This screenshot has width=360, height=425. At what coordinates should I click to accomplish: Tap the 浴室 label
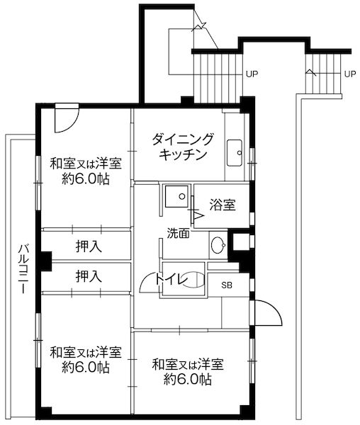click(x=223, y=205)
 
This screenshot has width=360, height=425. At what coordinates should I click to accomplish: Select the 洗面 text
click(x=178, y=232)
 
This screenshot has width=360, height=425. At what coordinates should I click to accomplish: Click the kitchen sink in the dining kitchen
click(x=235, y=151)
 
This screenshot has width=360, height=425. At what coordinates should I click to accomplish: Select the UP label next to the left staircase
click(x=252, y=73)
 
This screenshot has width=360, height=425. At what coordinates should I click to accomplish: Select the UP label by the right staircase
click(x=349, y=73)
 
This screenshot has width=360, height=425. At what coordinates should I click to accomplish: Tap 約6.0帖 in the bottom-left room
click(x=85, y=368)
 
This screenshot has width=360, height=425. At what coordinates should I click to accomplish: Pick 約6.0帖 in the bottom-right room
click(x=188, y=380)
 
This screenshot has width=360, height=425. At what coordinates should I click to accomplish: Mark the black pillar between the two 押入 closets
click(x=45, y=261)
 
